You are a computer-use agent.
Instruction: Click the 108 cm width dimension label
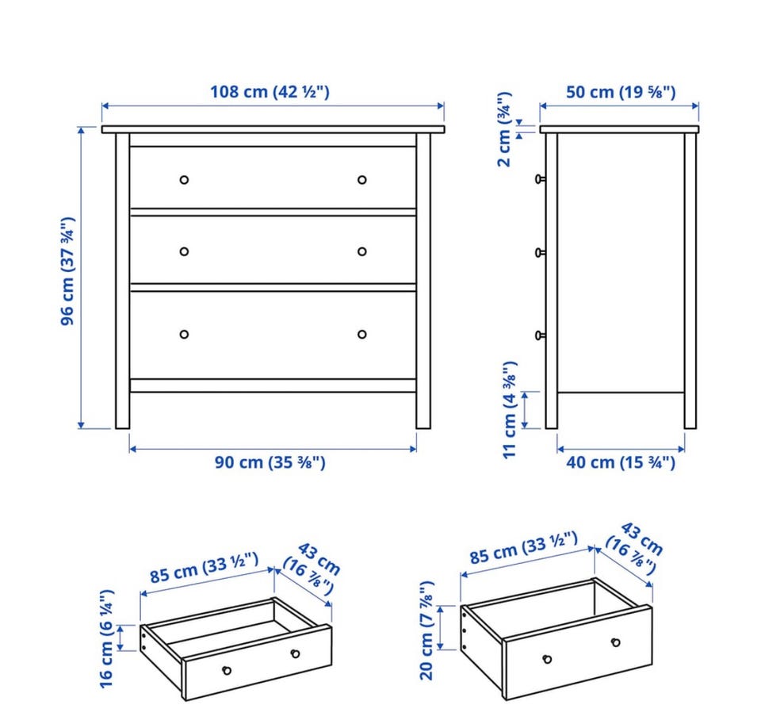(x=270, y=92)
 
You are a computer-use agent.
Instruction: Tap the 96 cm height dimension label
(x=67, y=271)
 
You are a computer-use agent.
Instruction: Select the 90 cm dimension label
(x=270, y=462)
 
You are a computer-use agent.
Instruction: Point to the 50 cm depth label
(x=621, y=92)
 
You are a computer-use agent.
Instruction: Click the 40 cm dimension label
(x=621, y=462)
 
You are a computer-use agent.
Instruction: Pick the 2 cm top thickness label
(x=504, y=129)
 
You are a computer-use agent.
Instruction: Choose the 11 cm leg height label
(x=510, y=410)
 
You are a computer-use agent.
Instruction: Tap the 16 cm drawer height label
(x=106, y=638)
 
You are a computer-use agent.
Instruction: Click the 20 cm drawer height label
(x=426, y=630)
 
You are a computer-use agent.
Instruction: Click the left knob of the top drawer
(x=184, y=180)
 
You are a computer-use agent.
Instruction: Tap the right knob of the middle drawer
(x=361, y=251)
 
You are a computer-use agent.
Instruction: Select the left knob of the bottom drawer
(x=184, y=334)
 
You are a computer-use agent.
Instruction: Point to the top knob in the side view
(x=540, y=179)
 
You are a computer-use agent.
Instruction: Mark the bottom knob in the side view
(x=540, y=335)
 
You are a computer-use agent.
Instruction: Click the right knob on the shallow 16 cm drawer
(x=295, y=653)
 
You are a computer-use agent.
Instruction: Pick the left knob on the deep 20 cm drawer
(x=548, y=659)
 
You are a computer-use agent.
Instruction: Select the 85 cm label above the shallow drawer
(x=204, y=568)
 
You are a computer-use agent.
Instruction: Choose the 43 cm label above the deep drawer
(x=642, y=538)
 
